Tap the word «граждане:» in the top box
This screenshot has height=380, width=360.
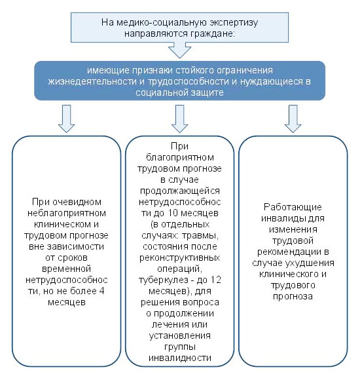point(212,33)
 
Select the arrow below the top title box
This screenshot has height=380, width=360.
point(179,50)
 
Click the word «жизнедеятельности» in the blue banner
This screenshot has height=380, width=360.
point(92,81)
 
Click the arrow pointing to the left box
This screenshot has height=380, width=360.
point(66,119)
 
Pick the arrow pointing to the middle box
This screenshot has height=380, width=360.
point(179,119)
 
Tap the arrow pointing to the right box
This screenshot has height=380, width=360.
point(293,119)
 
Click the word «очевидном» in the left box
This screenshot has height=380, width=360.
point(77,202)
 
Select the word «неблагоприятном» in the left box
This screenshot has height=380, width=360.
point(67,214)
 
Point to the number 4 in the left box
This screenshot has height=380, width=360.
point(101,291)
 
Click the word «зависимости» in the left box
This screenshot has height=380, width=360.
point(75,246)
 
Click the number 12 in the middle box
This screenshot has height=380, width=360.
point(215,280)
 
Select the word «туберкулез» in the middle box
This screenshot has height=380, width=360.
point(163,280)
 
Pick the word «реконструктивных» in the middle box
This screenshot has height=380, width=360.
point(179,258)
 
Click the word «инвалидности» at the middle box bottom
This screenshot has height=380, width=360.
point(180,358)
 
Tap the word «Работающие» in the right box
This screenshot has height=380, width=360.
point(293,207)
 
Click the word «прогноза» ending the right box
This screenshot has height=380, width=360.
point(293,297)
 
